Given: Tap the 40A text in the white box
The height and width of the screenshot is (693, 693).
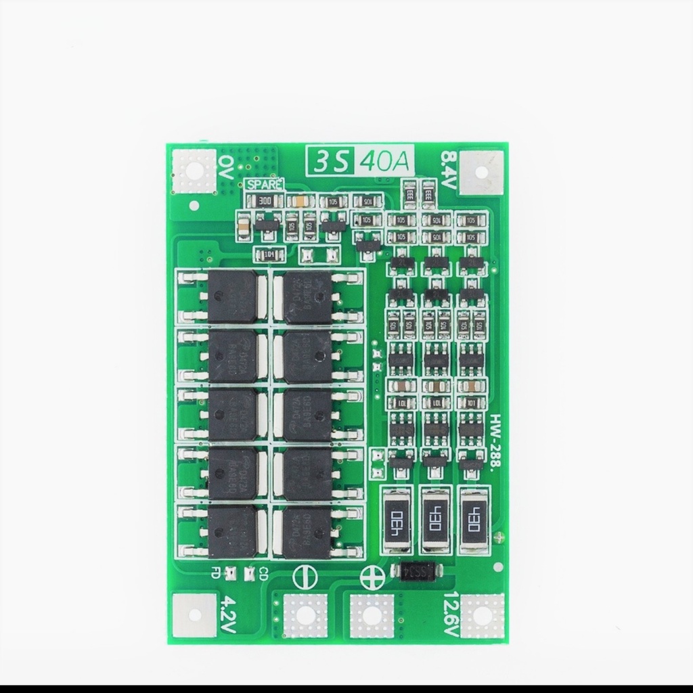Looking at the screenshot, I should pos(384,162).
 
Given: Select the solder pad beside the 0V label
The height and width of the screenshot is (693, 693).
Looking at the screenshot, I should pos(194,171).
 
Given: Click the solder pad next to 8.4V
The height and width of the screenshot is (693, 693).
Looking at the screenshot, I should pos(482,172).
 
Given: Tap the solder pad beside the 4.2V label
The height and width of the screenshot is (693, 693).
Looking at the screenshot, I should pos(194,614).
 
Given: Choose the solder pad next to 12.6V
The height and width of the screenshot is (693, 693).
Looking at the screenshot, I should pos(483,615).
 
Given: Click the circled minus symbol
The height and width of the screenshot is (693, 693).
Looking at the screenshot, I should pos(304,576).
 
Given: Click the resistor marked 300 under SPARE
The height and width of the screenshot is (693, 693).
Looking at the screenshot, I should pos(265,200).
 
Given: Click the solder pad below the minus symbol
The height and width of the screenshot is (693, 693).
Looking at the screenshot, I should pos(304,615).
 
